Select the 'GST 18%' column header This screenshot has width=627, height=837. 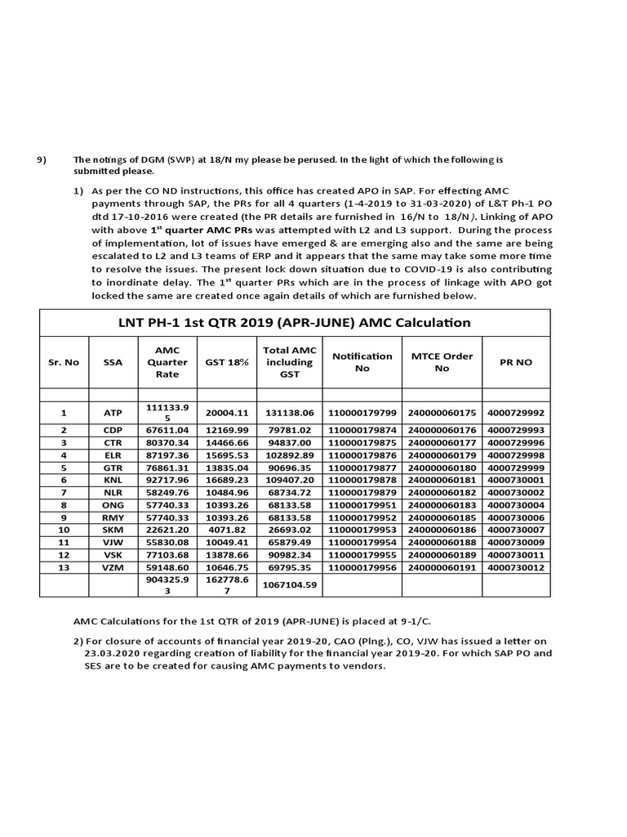coord(228,361)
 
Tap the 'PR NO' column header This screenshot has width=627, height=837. coord(516,361)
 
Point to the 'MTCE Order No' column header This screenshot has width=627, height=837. coord(442,361)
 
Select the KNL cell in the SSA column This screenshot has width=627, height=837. coord(112,479)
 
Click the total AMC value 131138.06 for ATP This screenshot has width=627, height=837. coord(290,413)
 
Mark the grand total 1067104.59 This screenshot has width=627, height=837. coord(290,585)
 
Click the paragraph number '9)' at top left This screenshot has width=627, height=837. coord(43,159)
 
